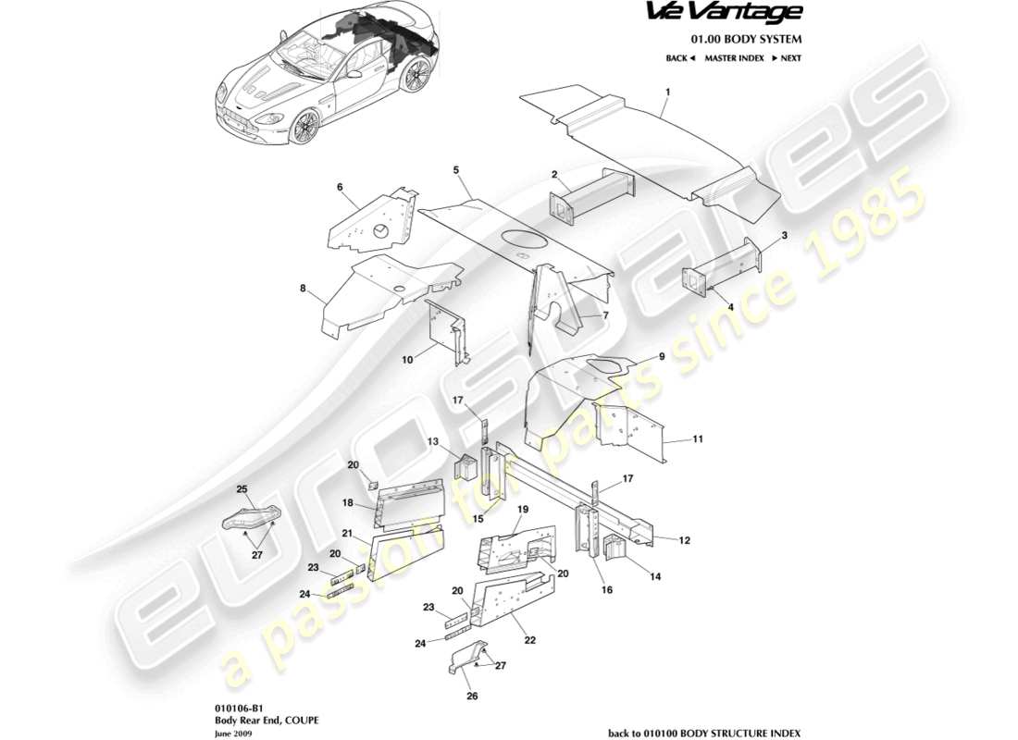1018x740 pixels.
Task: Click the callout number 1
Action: [x=667, y=92]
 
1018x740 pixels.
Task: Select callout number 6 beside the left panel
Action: [x=340, y=187]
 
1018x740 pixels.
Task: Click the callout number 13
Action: [x=432, y=442]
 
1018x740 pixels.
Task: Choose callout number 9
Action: [x=662, y=356]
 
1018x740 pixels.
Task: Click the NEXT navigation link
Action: [x=786, y=58]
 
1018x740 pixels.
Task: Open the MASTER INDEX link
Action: [x=734, y=58]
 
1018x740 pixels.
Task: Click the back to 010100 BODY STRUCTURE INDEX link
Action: [x=703, y=730]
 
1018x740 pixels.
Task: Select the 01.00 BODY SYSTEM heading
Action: [x=747, y=39]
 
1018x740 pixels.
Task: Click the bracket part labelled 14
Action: [x=616, y=549]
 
